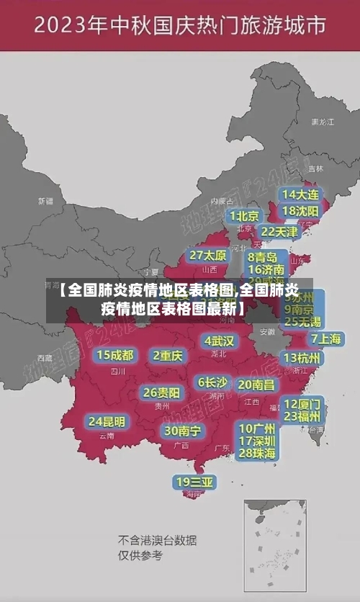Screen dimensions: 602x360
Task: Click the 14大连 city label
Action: [300, 194]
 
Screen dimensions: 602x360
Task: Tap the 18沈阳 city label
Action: [300, 211]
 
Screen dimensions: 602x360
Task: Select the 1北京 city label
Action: [245, 215]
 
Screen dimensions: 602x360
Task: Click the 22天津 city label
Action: [279, 232]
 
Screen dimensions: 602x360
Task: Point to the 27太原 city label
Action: [208, 255]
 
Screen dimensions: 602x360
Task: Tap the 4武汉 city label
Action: [219, 340]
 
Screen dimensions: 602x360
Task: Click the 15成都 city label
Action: [115, 355]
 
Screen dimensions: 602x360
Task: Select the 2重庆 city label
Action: [167, 355]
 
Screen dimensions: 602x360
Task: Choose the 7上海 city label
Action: [325, 338]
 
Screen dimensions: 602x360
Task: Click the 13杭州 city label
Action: [302, 358]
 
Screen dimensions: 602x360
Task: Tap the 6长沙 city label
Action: [212, 382]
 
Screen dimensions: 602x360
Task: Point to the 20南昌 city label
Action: [256, 385]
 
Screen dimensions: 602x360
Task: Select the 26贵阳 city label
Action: [161, 392]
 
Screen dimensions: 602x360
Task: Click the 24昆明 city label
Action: [107, 421]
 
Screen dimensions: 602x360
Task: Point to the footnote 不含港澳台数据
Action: [158, 540]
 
